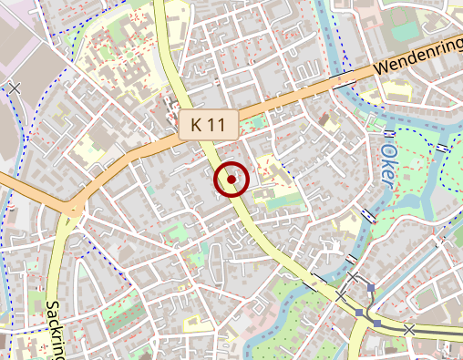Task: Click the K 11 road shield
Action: click(x=208, y=125)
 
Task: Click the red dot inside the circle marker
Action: click(x=231, y=180)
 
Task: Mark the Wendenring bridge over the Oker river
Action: click(x=346, y=80)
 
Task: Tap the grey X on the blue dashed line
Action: click(x=14, y=87)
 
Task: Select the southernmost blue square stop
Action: click(x=376, y=323)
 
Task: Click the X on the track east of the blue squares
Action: click(x=409, y=329)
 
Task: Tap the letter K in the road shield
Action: click(x=197, y=125)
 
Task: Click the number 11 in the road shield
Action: click(x=217, y=125)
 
